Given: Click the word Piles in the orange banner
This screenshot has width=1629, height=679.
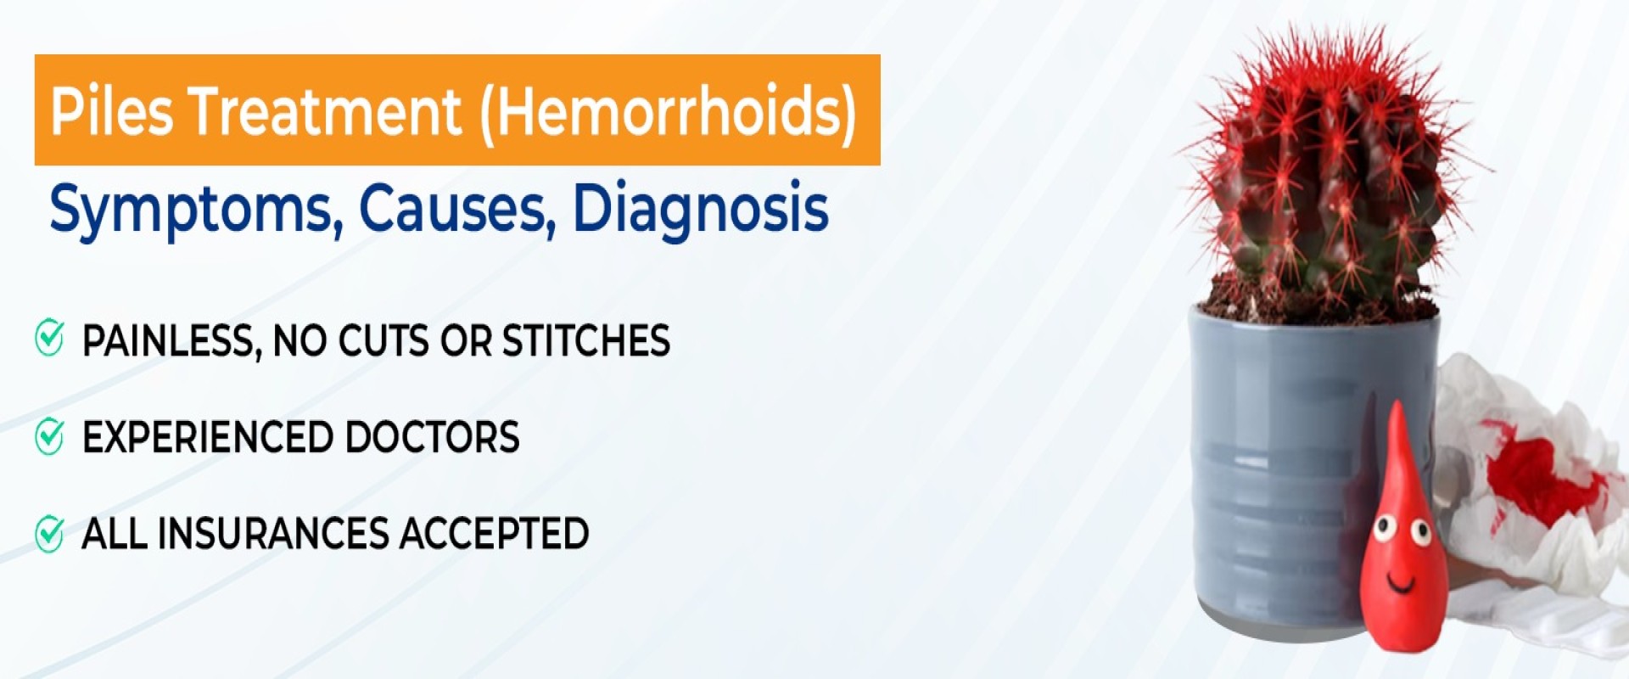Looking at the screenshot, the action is click(x=111, y=111).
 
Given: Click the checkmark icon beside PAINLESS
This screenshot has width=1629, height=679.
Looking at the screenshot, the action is click(x=49, y=338).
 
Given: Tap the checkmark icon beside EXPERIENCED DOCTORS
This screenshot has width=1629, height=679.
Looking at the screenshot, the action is click(x=49, y=435).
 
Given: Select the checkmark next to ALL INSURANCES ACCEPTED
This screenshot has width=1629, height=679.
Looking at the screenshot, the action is click(x=49, y=534).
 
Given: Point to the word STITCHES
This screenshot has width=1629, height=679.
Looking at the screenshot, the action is click(x=585, y=340).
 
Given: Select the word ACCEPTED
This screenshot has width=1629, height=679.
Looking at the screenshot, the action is click(x=494, y=534).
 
